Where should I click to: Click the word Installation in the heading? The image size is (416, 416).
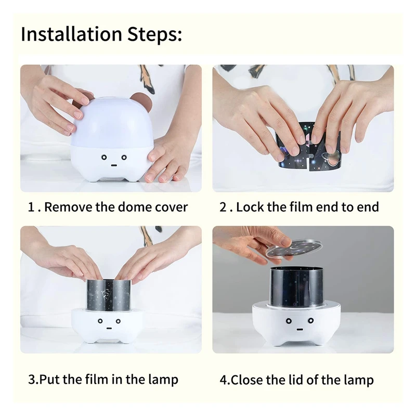[x=71, y=34]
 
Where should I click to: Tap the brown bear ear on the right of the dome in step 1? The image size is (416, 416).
[x=140, y=101]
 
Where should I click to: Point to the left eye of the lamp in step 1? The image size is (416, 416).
[x=105, y=158]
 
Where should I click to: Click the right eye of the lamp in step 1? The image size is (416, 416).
[x=124, y=158]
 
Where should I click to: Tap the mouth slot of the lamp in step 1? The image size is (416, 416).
[x=114, y=165]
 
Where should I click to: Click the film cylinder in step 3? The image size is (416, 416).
[x=109, y=295]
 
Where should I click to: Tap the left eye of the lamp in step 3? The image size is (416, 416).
[x=100, y=321]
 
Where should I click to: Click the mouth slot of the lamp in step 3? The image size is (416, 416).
[x=109, y=329]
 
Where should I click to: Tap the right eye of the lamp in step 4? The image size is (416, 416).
[x=311, y=321]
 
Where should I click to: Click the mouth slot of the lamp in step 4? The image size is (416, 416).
[x=300, y=330]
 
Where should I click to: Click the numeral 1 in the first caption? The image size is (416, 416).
[x=31, y=207]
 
